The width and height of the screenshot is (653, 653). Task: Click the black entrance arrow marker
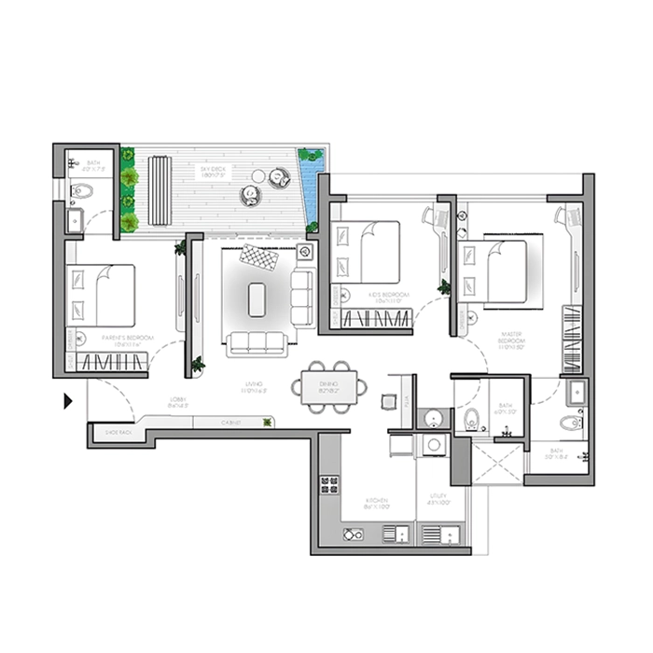tap(68, 402)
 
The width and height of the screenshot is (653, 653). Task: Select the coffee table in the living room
tap(257, 299)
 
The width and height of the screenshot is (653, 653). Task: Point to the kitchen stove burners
tap(329, 485)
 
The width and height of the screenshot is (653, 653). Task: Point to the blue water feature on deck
tap(310, 166)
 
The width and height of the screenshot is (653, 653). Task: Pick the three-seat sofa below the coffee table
tap(257, 343)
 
